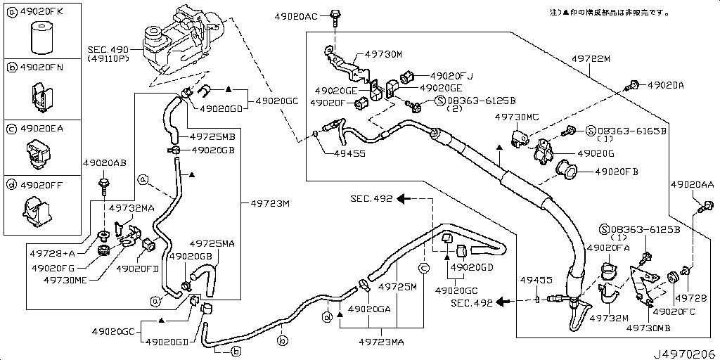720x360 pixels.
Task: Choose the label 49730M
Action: point(383,53)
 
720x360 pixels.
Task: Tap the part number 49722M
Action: point(590,59)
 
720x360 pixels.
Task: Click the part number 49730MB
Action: point(648,327)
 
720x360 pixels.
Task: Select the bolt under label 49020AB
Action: point(104,186)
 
